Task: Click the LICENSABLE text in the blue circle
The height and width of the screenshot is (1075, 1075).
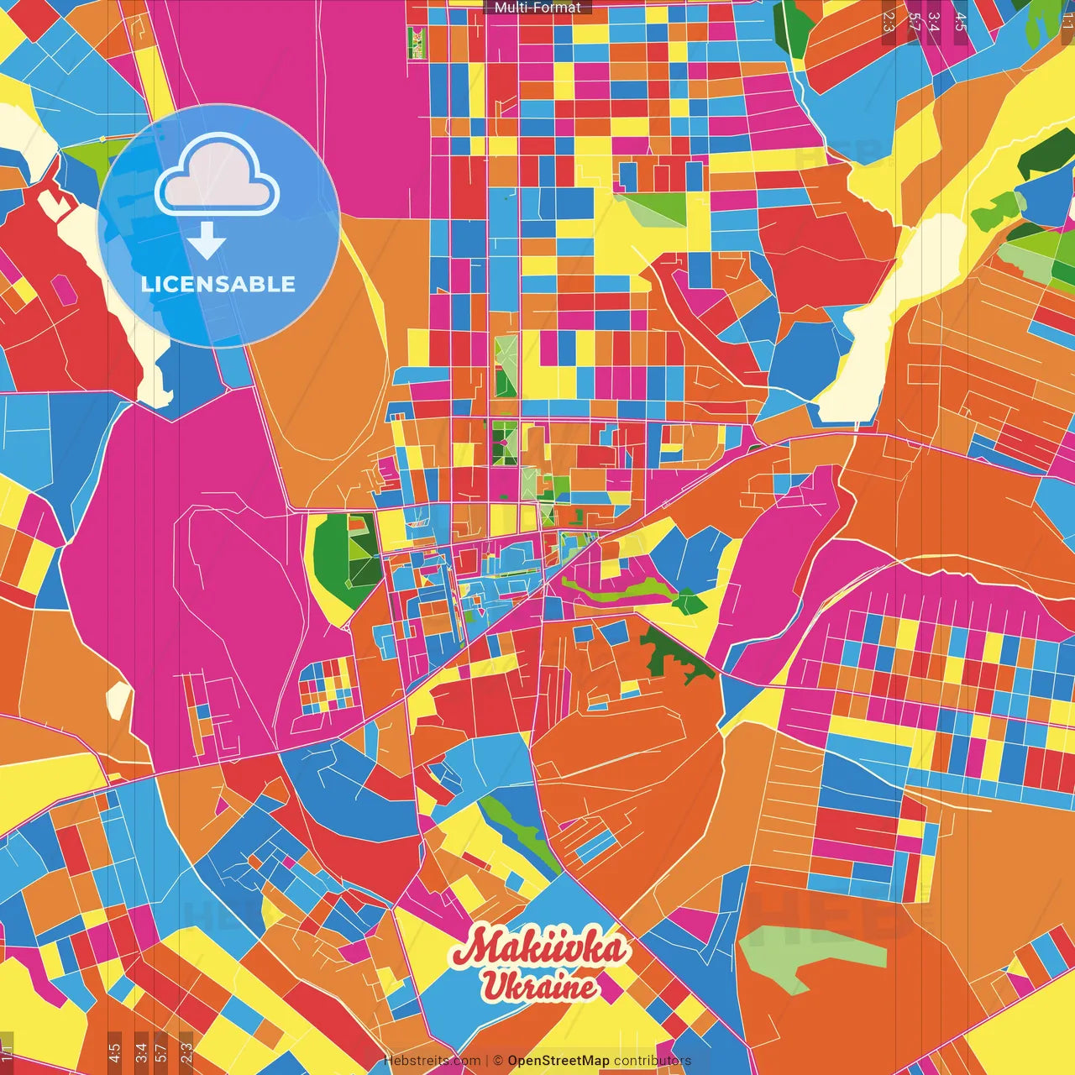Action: pos(218,284)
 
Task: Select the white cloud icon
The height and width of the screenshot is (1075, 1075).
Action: pos(217,178)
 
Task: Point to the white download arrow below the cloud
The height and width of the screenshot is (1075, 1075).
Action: pos(207,243)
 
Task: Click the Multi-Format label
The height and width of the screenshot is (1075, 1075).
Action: pos(537,8)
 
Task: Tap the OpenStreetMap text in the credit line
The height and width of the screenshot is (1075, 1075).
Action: pos(558,1061)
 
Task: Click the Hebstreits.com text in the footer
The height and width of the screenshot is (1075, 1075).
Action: pos(432,1061)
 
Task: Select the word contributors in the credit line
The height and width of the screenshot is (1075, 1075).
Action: pos(653,1061)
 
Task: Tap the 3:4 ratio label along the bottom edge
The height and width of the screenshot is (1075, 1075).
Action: pos(140,1051)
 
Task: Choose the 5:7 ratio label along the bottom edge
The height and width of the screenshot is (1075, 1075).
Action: pos(161,1051)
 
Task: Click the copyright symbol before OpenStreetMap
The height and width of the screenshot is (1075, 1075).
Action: pos(497,1061)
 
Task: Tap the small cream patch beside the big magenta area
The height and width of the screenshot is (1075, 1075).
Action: pos(118,700)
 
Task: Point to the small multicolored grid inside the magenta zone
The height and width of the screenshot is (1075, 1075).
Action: pos(328,684)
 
